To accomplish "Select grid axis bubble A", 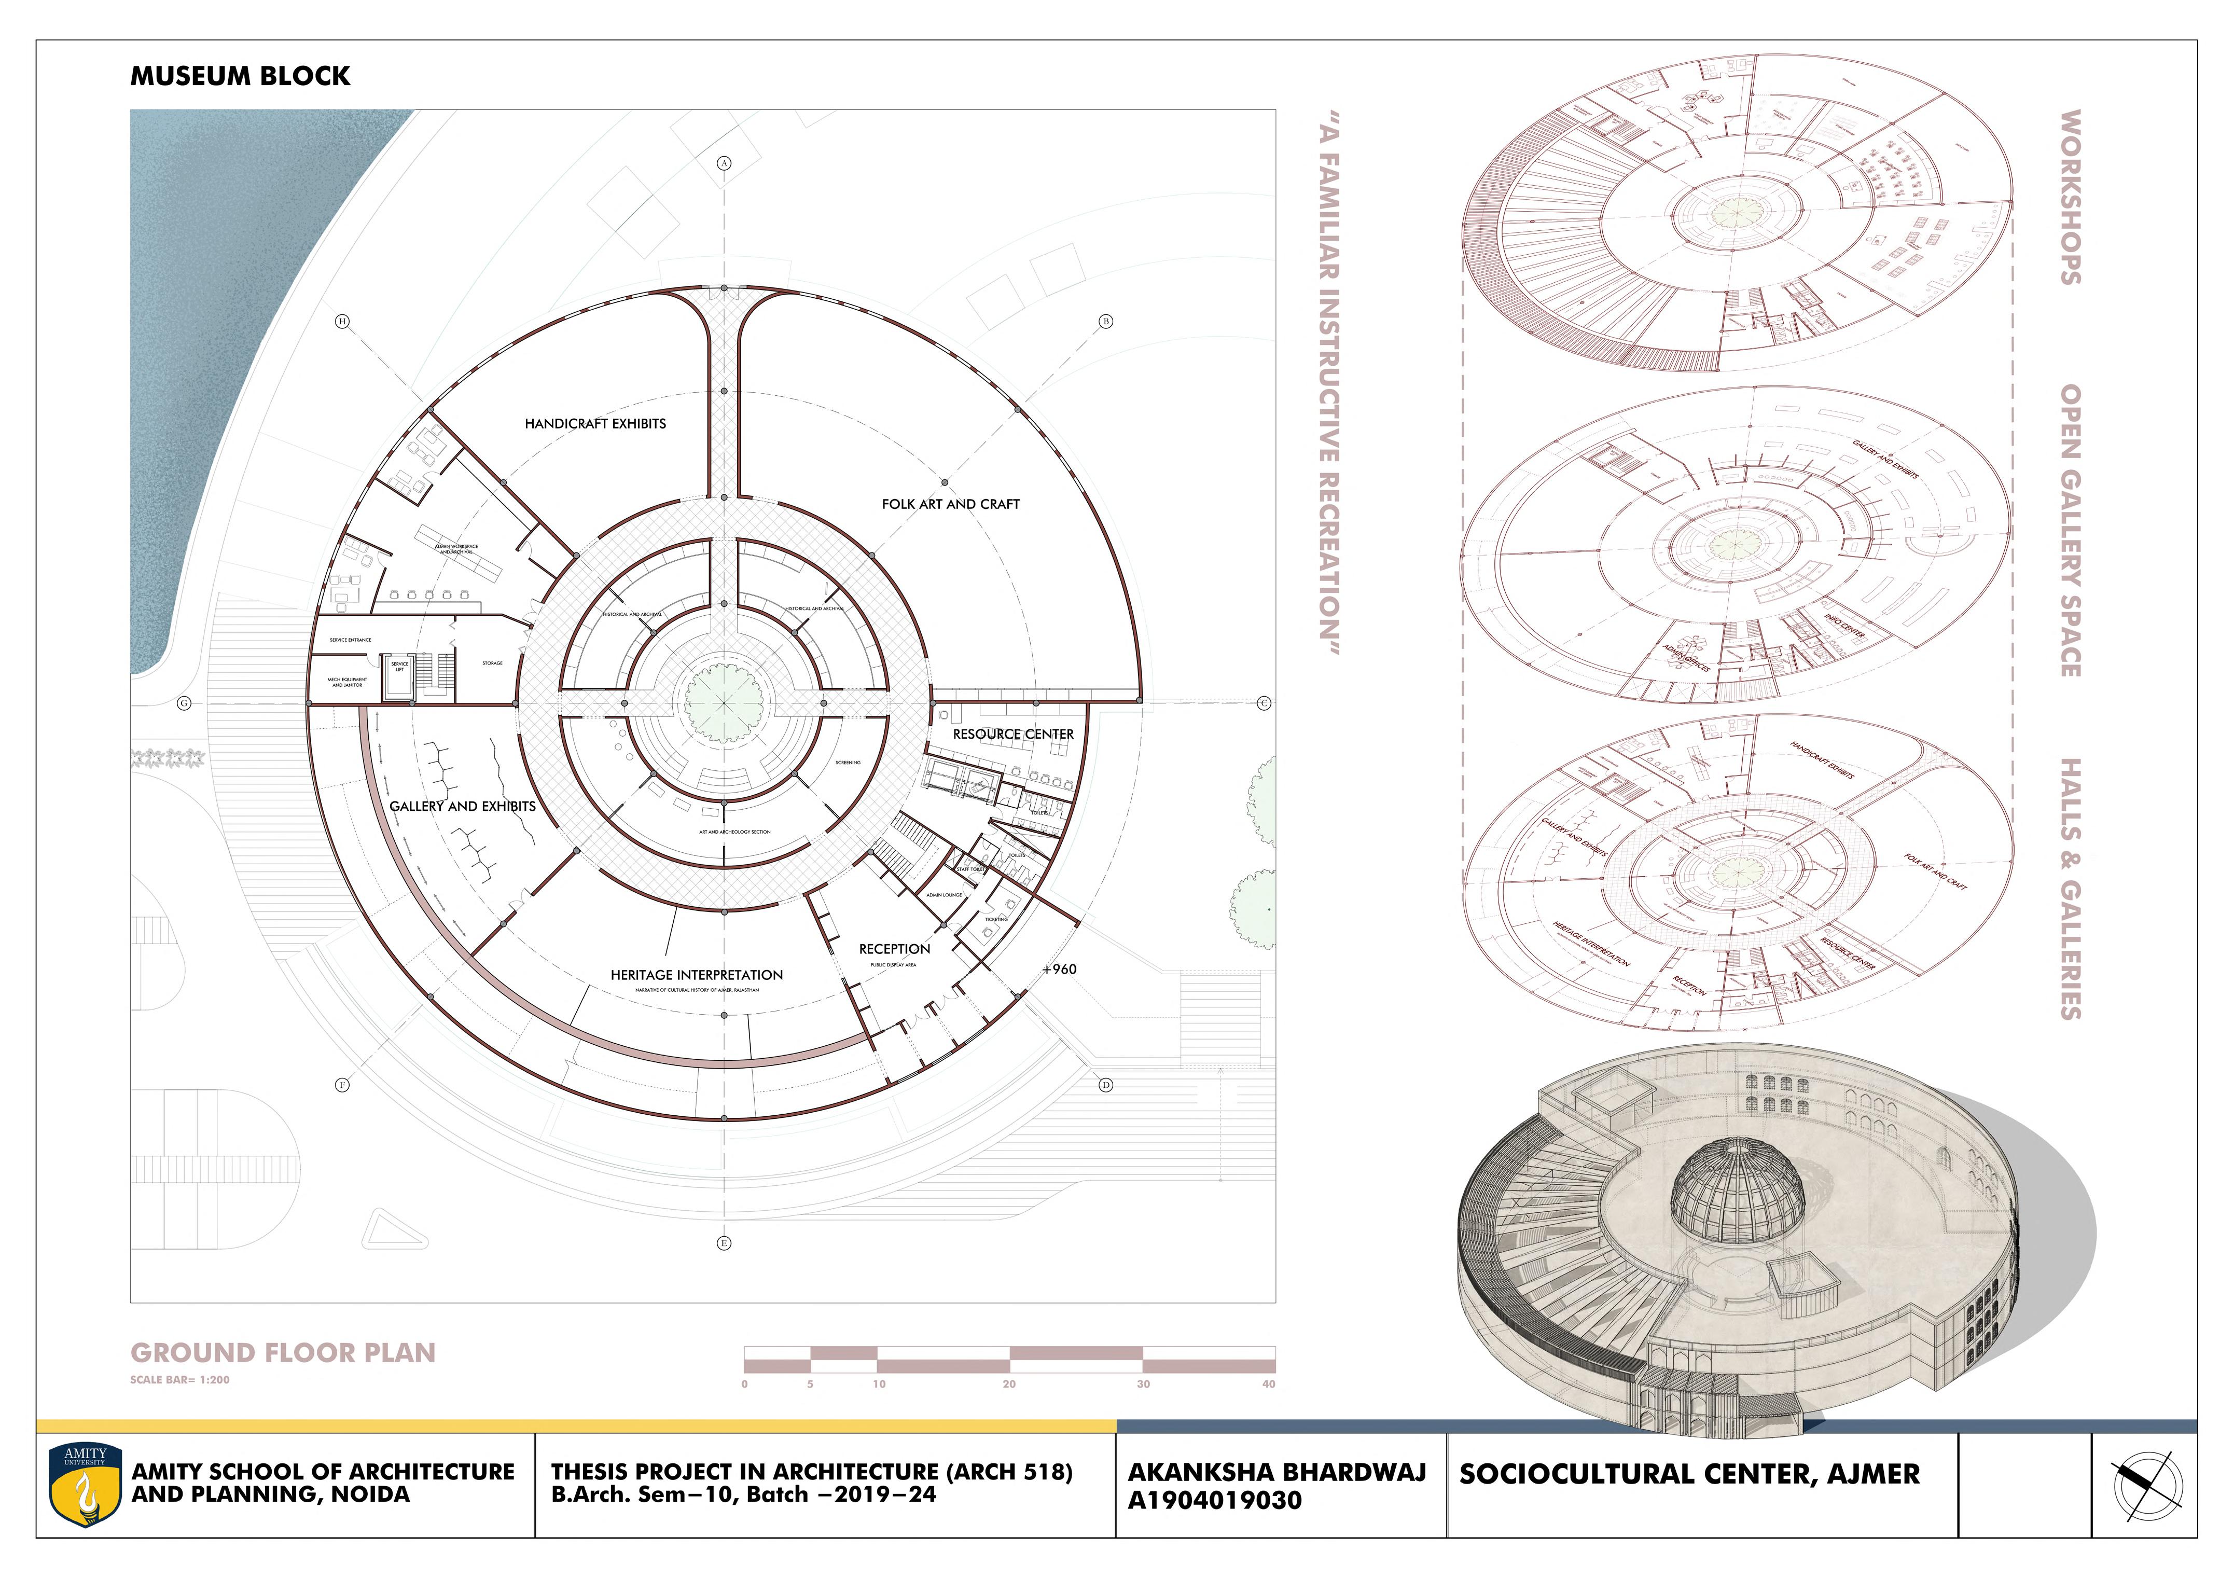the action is pos(724,163).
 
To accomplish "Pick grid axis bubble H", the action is pos(342,321).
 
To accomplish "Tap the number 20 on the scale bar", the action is pos(1009,1383).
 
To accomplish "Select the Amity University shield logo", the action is pos(86,1485).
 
